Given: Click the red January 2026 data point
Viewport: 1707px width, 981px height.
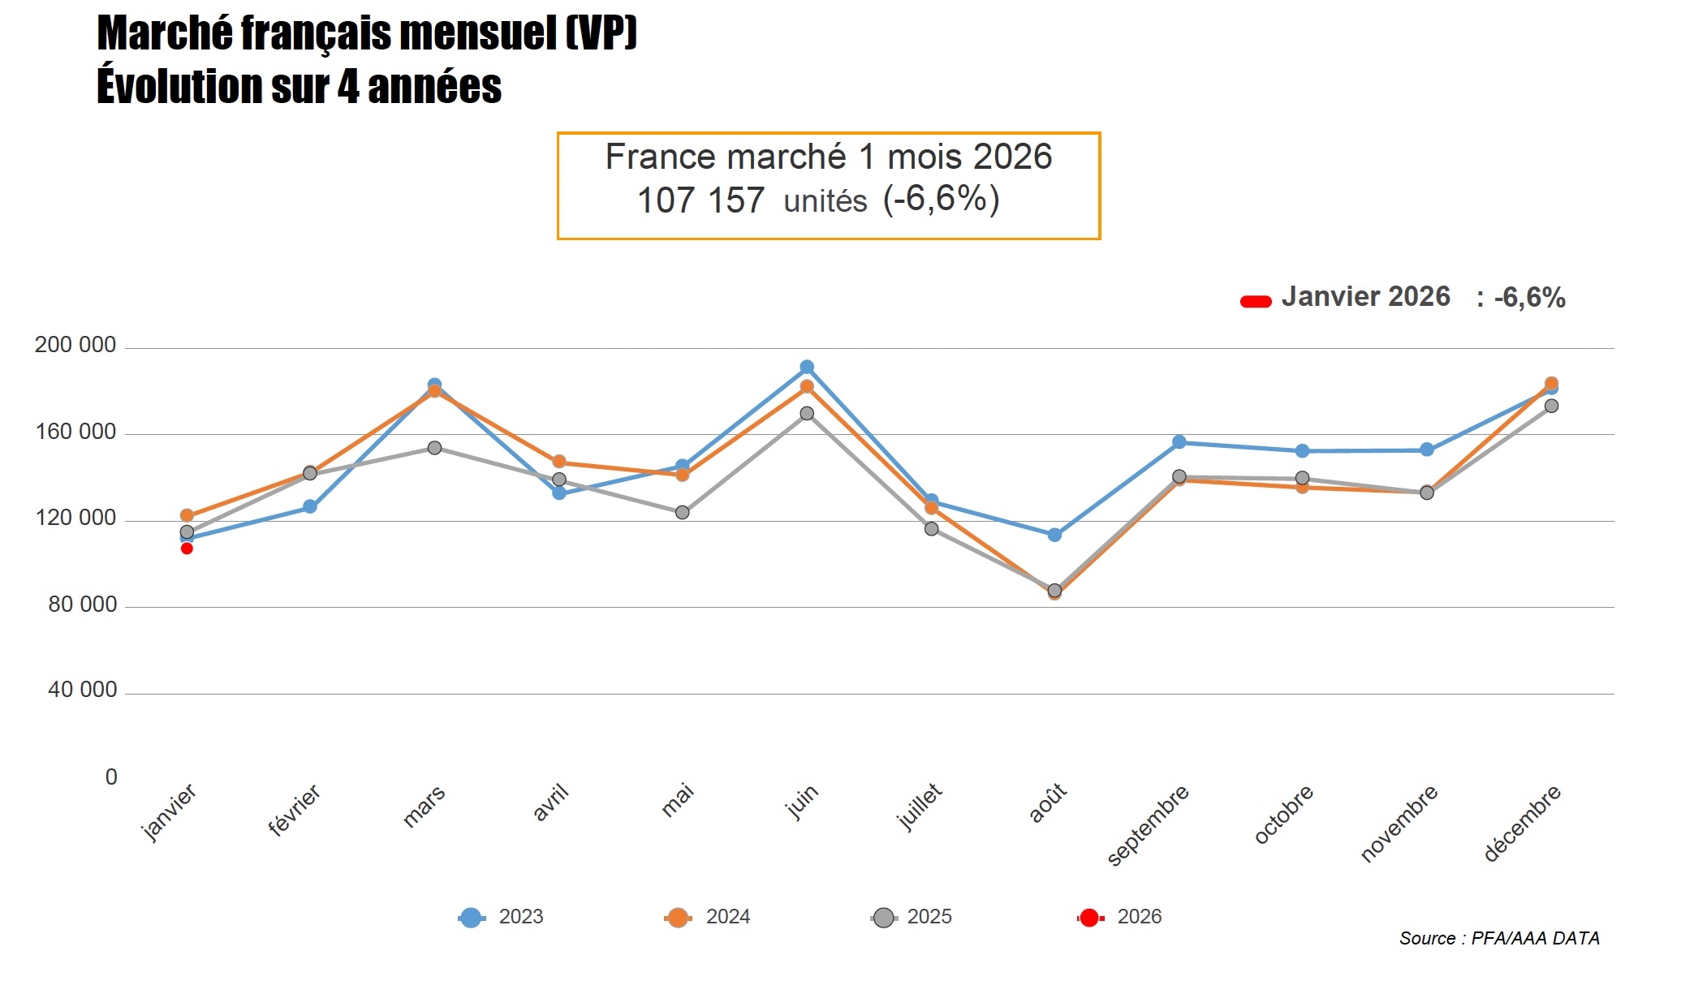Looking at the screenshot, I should [x=187, y=549].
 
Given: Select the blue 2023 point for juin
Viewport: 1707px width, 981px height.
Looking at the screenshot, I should [x=807, y=368].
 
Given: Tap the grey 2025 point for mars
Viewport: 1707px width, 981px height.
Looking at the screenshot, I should [x=434, y=448].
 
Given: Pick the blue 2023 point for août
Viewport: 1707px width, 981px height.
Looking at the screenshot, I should [x=1054, y=535].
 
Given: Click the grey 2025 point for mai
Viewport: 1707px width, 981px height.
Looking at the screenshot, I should [x=683, y=512].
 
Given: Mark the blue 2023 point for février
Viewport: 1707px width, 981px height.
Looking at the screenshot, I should [x=310, y=506].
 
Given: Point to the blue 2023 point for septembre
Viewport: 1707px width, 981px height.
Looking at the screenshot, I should [x=1179, y=442].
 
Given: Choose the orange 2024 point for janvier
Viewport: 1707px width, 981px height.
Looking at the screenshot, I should [x=187, y=515].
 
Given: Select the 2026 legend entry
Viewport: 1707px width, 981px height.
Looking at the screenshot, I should [x=1120, y=917].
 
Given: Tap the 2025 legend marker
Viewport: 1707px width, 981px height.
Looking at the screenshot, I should [x=884, y=918].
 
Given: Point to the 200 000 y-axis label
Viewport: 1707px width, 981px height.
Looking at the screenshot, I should [x=75, y=345].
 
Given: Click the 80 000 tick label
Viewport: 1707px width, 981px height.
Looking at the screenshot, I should [x=82, y=605].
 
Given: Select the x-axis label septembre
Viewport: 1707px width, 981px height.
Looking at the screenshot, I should [x=1148, y=824].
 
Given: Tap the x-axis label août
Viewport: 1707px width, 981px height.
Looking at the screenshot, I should [x=1048, y=803].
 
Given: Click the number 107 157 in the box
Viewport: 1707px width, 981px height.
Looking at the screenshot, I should [x=700, y=200].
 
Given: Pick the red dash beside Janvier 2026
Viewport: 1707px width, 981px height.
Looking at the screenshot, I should [x=1256, y=302].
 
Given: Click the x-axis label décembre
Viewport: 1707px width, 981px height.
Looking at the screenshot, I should [x=1522, y=823].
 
